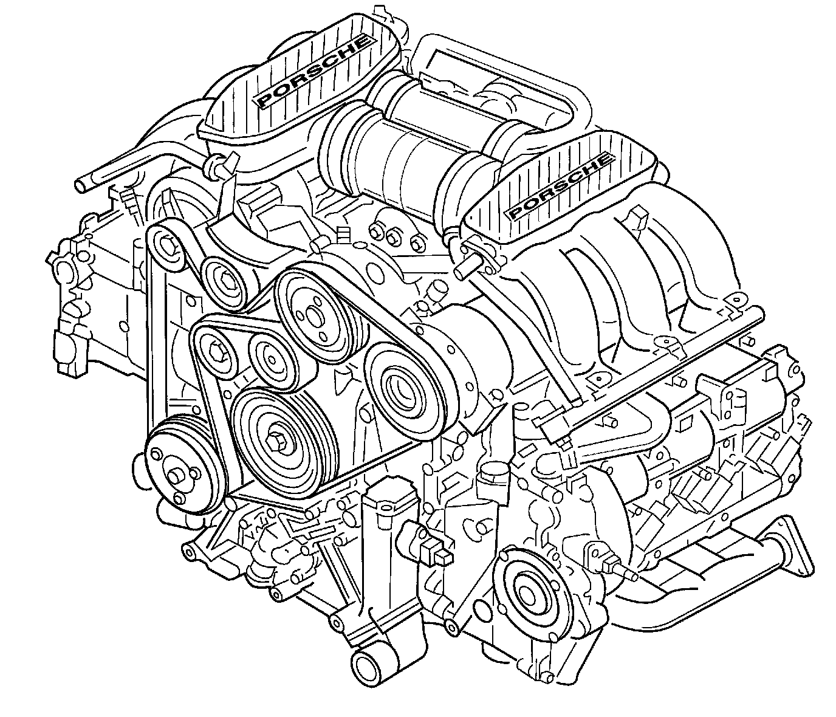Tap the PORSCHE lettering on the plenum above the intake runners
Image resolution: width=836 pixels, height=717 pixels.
[560, 186]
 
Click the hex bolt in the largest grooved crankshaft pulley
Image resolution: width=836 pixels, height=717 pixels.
[279, 441]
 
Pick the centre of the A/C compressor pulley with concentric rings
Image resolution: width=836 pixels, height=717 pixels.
[400, 389]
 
